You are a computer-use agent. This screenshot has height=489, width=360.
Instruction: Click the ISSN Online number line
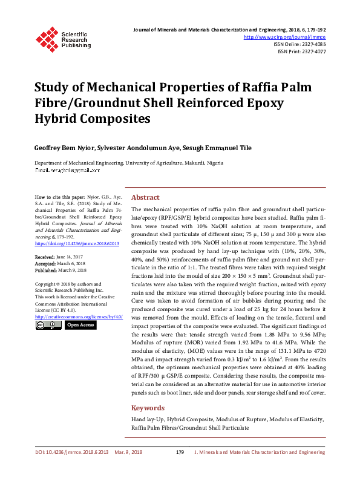click(x=300, y=44)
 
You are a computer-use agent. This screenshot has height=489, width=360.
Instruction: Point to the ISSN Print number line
click(x=302, y=51)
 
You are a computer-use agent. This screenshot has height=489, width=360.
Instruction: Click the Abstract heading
click(x=145, y=197)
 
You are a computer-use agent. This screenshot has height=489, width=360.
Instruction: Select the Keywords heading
click(x=148, y=408)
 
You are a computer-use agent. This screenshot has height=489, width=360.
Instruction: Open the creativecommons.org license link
click(x=79, y=317)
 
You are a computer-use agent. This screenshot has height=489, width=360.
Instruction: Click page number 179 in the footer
click(x=180, y=452)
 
